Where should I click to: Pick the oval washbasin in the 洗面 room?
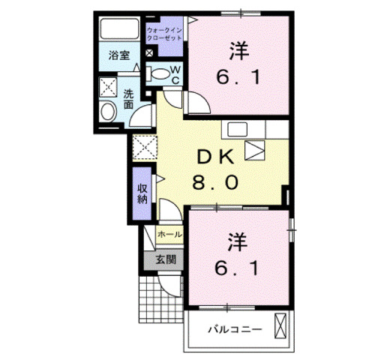coord(108,113)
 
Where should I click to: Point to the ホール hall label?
coord(169,234)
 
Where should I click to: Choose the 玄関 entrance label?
coord(166,260)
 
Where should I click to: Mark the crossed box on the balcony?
coord(281,328)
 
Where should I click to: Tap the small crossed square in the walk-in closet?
coord(149,53)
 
